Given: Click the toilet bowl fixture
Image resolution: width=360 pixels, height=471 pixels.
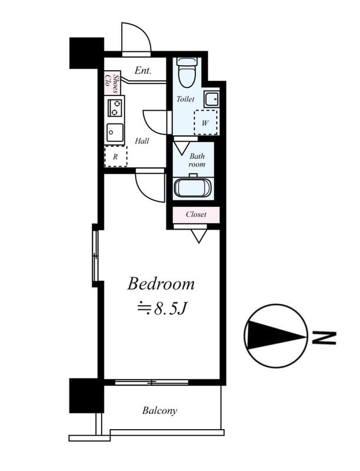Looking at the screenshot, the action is click(188, 72).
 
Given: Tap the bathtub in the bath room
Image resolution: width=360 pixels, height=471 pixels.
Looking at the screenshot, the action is click(193, 188).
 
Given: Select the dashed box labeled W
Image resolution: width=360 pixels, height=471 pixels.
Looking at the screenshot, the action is click(205, 122).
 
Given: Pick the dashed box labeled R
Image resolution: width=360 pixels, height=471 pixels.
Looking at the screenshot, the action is click(116, 156).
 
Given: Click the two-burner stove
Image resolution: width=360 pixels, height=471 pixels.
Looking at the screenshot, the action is click(115, 108).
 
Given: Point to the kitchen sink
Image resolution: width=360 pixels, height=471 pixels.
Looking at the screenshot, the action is click(115, 132).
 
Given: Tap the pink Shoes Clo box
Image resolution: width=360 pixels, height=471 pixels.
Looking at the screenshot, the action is click(112, 82).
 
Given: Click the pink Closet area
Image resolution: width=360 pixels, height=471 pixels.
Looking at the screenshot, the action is click(196, 214).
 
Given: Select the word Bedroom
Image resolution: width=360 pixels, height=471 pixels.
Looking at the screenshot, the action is click(161, 284).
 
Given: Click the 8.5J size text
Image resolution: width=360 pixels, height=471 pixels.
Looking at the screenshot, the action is click(171, 308).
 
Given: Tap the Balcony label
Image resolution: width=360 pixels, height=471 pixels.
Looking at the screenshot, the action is click(159, 410).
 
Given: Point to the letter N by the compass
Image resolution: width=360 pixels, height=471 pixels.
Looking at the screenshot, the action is click(324, 338).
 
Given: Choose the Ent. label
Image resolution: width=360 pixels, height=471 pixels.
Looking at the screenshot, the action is click(143, 71).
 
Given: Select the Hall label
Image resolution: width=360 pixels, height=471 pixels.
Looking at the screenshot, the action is click(142, 141).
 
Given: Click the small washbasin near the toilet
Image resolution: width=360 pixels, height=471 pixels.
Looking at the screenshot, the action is click(212, 98).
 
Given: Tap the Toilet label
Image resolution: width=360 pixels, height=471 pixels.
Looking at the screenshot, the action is click(185, 98).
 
